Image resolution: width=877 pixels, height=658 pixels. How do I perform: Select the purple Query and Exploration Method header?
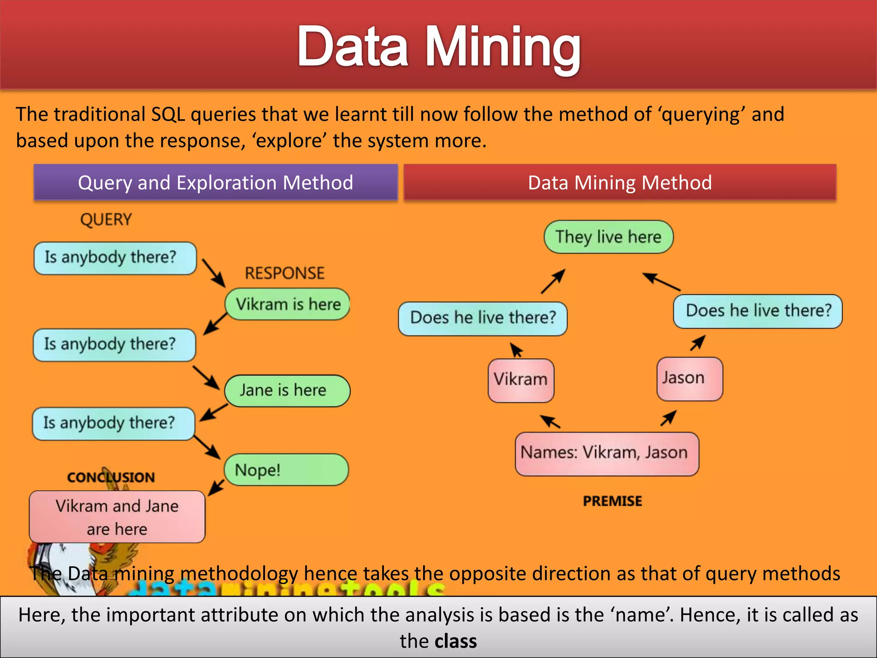[215, 182]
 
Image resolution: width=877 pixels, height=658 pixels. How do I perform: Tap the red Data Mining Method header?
[620, 182]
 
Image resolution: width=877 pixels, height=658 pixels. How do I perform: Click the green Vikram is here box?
[288, 304]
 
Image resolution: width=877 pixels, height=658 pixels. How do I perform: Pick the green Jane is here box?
[287, 390]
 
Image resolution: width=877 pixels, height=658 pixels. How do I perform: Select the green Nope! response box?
[286, 470]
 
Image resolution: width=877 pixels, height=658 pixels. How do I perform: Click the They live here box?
[609, 237]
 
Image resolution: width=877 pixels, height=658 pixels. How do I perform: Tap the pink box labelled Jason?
[689, 379]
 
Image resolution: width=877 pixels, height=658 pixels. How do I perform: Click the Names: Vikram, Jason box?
[607, 453]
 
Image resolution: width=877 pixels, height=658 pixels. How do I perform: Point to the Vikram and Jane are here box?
[117, 517]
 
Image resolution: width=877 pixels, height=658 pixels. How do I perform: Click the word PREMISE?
[612, 501]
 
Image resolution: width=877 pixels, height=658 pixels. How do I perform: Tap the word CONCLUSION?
[111, 477]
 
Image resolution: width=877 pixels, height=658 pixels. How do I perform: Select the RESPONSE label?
[284, 273]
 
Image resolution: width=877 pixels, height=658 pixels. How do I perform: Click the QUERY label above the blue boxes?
[106, 219]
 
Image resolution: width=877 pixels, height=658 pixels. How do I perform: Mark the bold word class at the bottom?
[456, 641]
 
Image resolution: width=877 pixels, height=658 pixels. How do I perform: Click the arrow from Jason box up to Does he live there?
[698, 343]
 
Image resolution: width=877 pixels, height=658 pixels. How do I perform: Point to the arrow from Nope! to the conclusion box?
[216, 488]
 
